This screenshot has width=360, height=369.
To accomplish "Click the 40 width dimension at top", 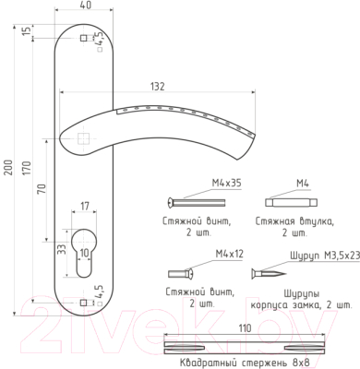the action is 87,6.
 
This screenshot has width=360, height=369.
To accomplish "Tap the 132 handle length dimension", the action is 158,87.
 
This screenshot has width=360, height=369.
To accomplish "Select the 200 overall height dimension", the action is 8,167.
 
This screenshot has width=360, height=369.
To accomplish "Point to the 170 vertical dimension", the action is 27,168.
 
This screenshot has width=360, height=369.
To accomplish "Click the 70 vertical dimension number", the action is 42,188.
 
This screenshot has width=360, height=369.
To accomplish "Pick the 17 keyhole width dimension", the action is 84,206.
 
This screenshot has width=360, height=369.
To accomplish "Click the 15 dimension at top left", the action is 28,31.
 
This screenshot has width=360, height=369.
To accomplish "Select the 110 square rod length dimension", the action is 245,328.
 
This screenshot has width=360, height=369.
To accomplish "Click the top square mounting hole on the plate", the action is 83,38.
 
